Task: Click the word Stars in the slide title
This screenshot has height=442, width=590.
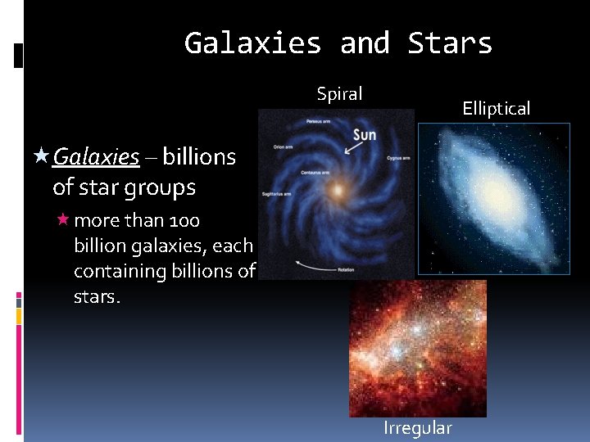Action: (x=450, y=43)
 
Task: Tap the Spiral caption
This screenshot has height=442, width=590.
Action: (x=339, y=94)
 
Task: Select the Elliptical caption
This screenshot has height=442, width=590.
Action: (x=496, y=108)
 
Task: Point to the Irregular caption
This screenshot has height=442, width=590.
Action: (x=417, y=428)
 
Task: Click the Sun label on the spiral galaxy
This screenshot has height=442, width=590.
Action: (x=365, y=134)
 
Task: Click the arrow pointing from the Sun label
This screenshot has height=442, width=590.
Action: (x=355, y=148)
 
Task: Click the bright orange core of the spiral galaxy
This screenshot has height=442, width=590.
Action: (x=335, y=192)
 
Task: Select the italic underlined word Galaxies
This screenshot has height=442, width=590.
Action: (x=96, y=156)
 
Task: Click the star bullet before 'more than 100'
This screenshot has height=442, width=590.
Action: (x=62, y=220)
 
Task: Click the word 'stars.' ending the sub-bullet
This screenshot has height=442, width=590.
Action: (x=97, y=295)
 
